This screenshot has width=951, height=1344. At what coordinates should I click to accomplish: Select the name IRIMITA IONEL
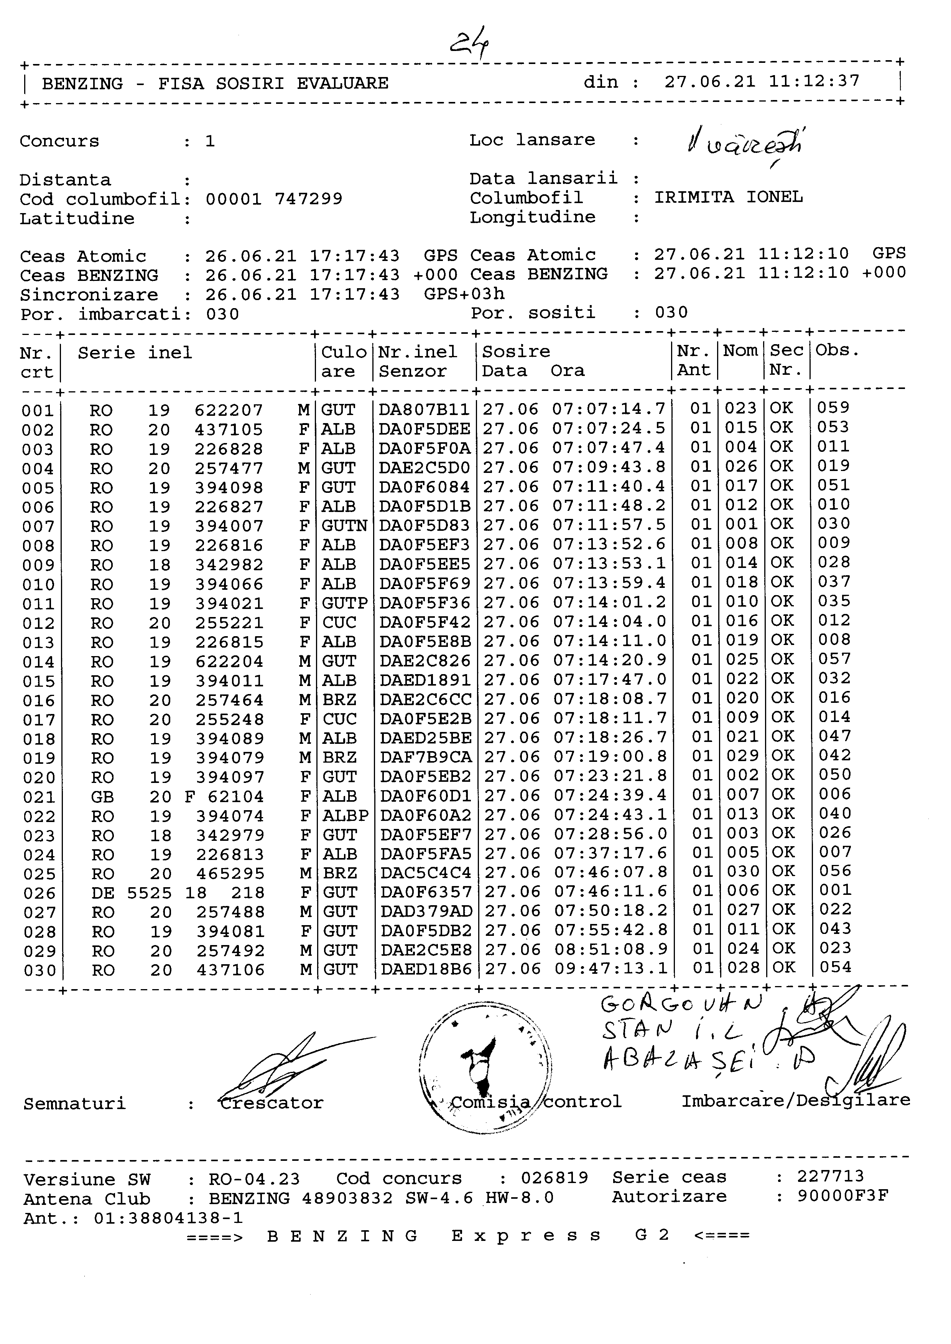pyautogui.click(x=728, y=197)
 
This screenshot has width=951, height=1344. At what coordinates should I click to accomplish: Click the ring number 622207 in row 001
pyautogui.click(x=229, y=410)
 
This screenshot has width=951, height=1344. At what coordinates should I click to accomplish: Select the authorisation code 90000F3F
pyautogui.click(x=842, y=1196)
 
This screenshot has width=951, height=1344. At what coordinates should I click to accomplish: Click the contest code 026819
pyautogui.click(x=554, y=1178)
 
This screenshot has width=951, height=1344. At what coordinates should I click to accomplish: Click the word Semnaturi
pyautogui.click(x=74, y=1104)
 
